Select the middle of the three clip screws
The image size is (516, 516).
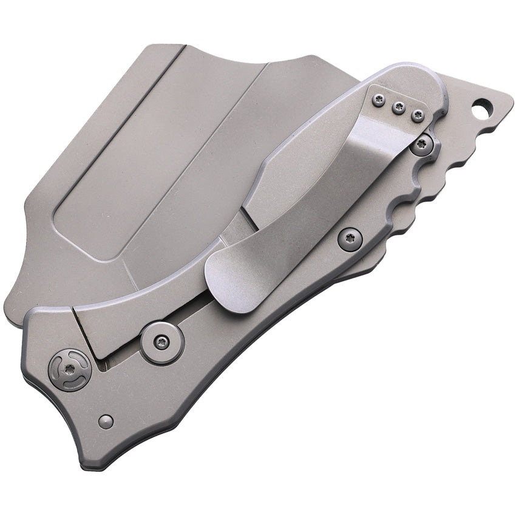coord(398,107)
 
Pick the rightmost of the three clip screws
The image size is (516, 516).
coord(418,115)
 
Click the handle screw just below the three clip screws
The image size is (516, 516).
coord(421,144)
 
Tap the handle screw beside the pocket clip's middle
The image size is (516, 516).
coord(350,239)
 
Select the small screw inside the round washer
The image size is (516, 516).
coord(161,342)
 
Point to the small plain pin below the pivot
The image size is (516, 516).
coord(106,421)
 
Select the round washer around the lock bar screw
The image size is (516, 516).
coord(161,342)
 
